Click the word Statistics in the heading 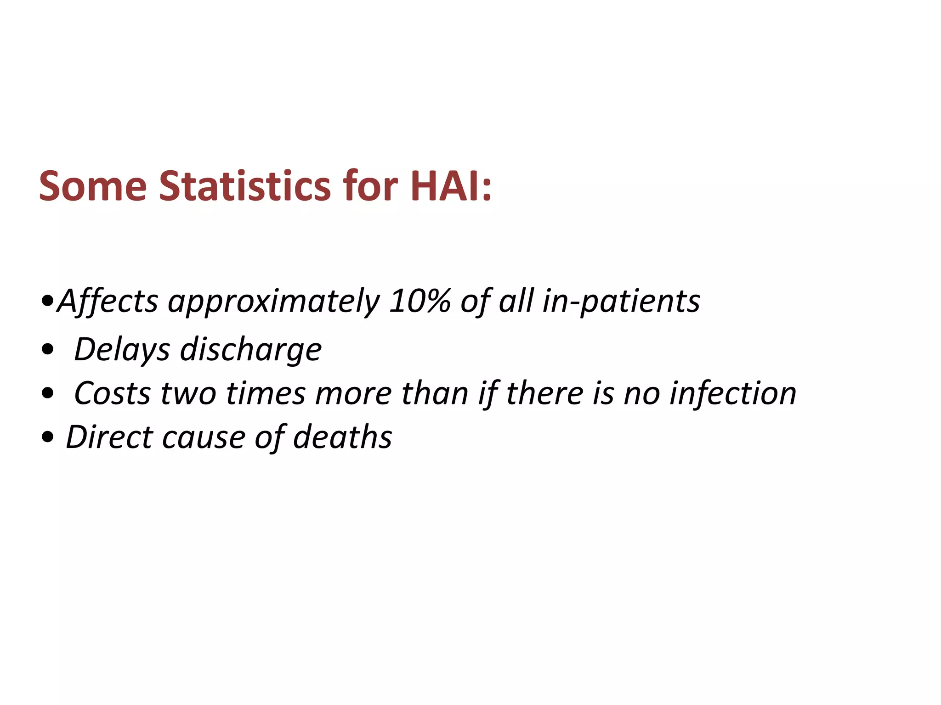click(244, 186)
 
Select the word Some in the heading click(93, 186)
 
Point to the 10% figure click(419, 302)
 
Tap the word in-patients click(621, 302)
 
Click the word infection click(732, 394)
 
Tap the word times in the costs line click(266, 394)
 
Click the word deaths click(342, 437)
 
